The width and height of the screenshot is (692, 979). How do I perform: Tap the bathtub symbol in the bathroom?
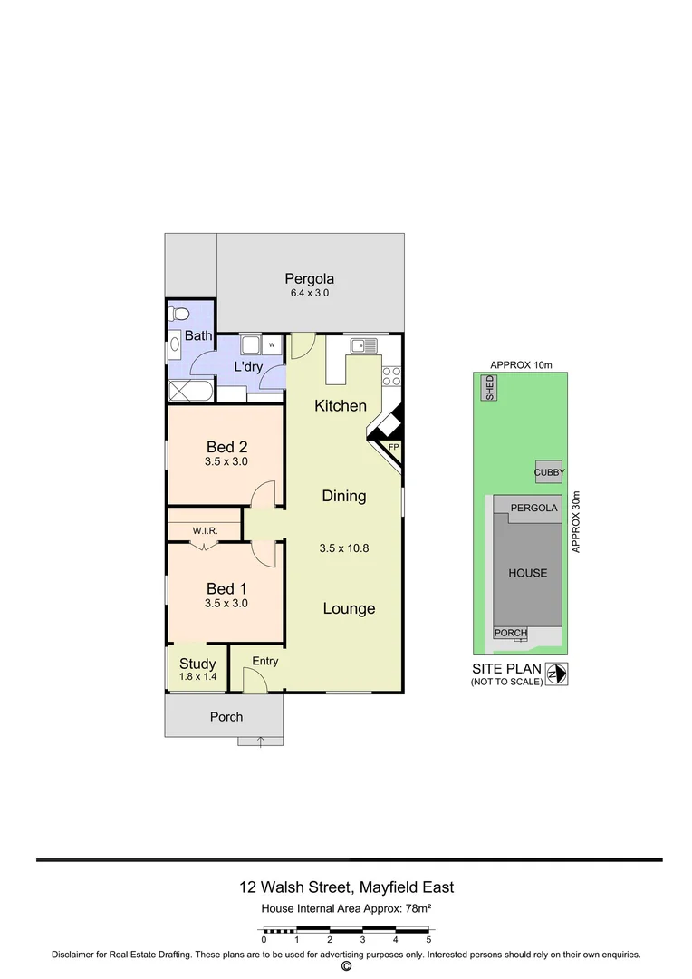click(190, 391)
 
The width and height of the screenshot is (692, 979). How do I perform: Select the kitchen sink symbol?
click(364, 344)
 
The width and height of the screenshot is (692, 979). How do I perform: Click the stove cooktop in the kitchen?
click(392, 376)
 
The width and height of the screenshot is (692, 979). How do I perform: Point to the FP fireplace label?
click(393, 448)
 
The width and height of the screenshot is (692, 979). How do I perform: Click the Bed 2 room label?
click(226, 446)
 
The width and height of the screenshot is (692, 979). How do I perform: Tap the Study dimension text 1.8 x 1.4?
click(197, 677)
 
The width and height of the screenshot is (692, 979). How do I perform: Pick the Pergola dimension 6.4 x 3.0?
click(309, 294)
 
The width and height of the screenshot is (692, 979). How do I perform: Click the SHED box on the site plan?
click(490, 388)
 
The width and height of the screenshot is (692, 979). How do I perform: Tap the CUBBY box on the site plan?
click(549, 472)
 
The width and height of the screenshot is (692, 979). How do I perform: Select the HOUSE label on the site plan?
click(527, 573)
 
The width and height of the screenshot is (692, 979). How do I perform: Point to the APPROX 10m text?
click(521, 364)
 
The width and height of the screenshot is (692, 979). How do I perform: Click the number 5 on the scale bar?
click(428, 941)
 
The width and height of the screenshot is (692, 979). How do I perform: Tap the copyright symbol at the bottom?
click(346, 966)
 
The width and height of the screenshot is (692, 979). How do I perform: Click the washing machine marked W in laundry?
click(272, 345)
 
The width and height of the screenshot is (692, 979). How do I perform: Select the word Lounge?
click(349, 609)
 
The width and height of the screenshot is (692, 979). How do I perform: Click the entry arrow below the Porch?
click(261, 742)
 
